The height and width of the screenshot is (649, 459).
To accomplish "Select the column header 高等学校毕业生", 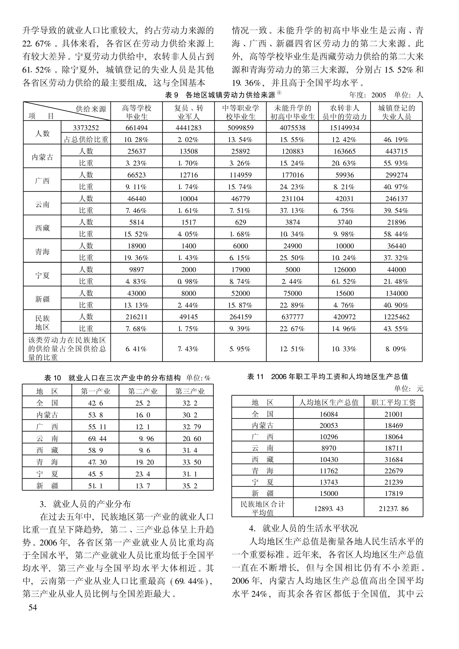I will click(137, 112).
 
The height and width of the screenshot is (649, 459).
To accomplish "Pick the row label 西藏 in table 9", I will click(42, 228).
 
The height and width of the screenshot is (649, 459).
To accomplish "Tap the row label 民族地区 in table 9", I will click(42, 323).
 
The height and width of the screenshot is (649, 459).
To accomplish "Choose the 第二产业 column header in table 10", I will click(143, 391).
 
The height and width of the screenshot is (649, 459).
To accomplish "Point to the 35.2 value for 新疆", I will click(190, 486).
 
